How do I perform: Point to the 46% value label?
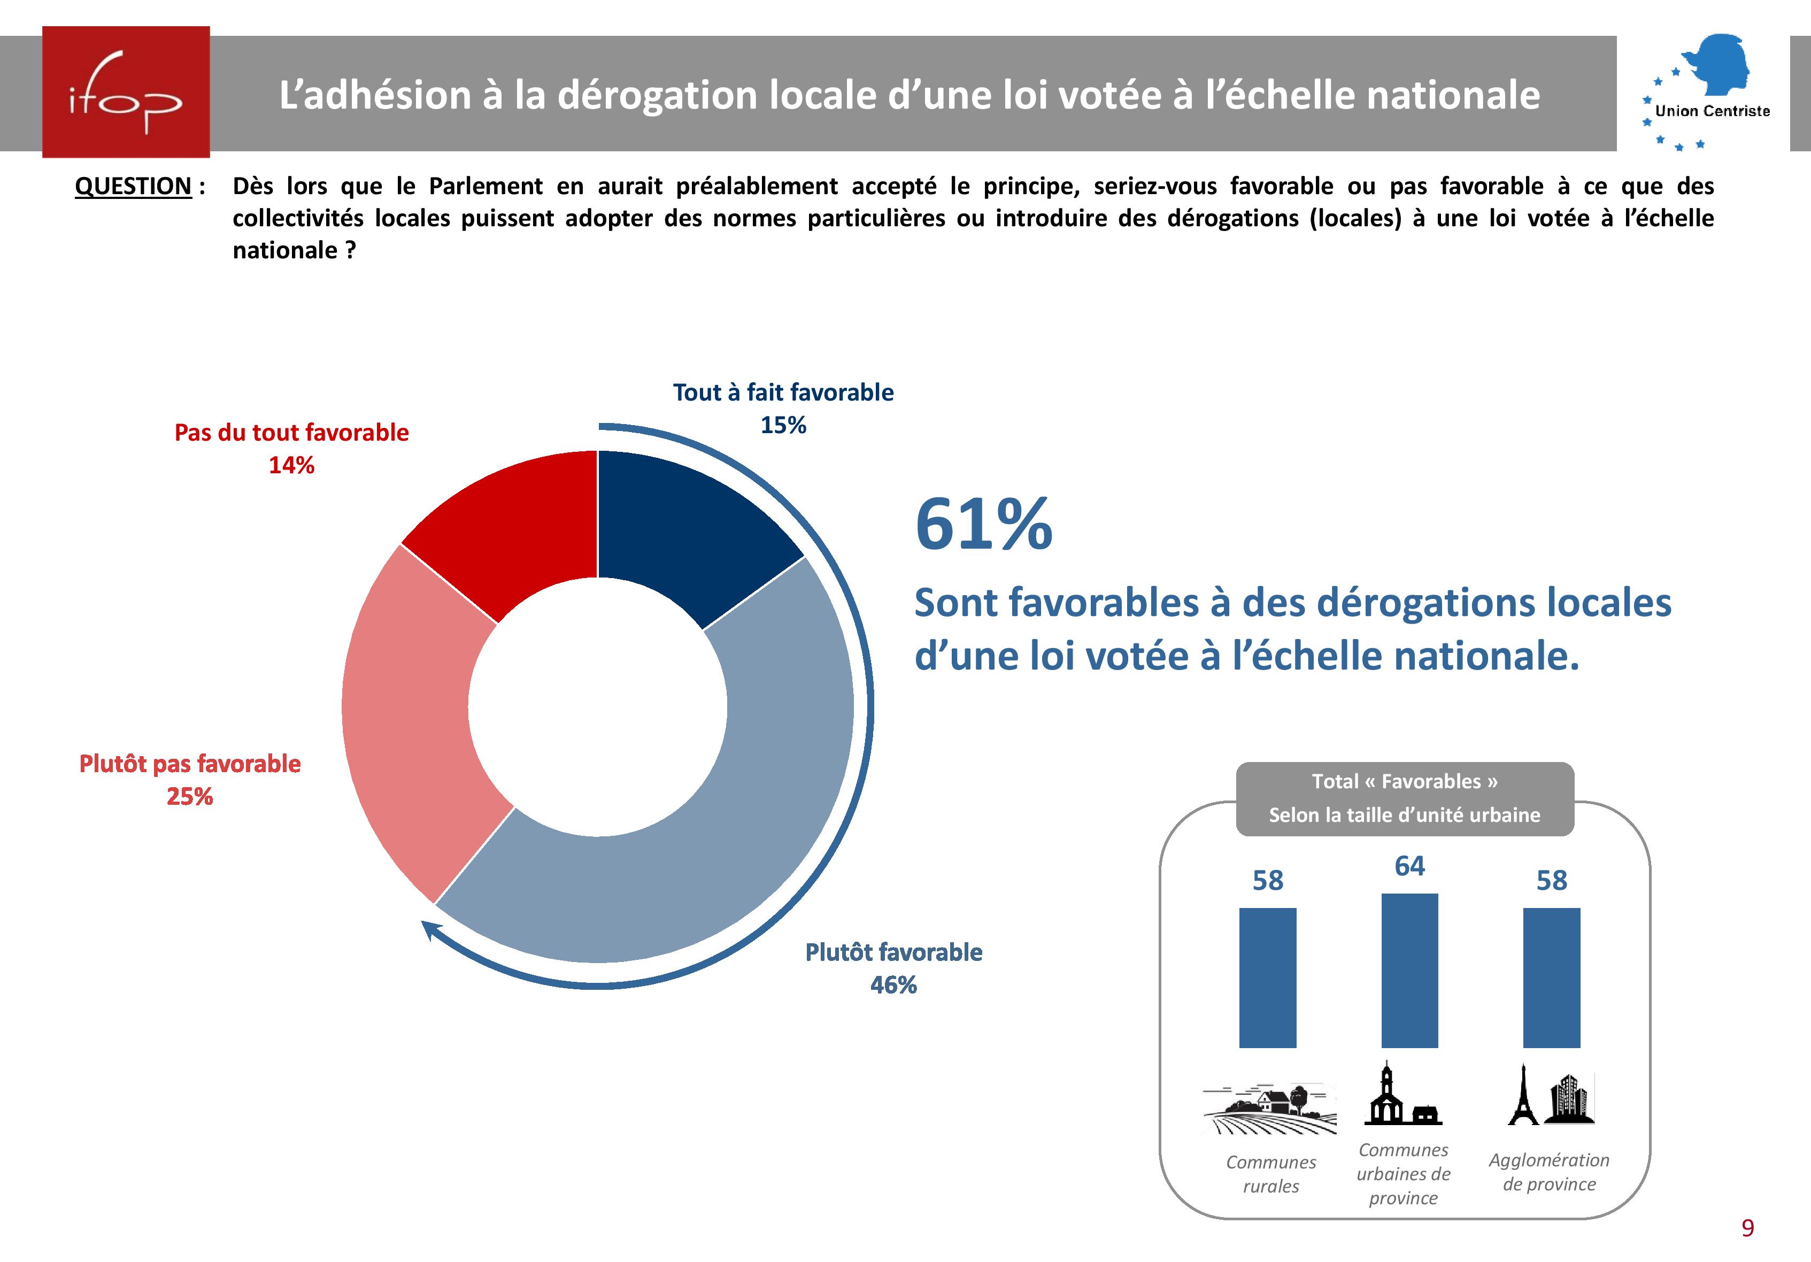click(893, 985)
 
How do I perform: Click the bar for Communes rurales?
click(1268, 978)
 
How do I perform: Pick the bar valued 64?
click(1409, 970)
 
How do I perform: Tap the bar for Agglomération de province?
click(1552, 978)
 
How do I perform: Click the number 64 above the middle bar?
click(1409, 866)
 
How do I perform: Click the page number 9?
click(1747, 1228)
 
